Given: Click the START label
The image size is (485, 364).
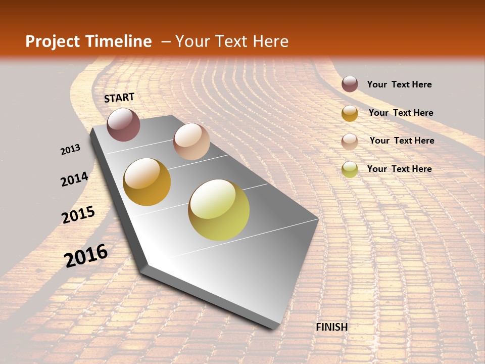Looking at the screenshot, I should [x=119, y=97].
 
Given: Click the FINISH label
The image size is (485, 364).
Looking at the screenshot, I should [x=331, y=327].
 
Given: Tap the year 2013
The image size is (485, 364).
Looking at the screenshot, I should [x=70, y=149].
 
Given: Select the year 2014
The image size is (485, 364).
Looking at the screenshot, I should [x=74, y=179].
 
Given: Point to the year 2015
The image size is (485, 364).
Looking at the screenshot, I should [x=78, y=215].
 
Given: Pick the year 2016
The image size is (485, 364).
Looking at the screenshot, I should [x=86, y=255].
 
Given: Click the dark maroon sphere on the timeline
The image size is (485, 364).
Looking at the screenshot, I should [x=123, y=124].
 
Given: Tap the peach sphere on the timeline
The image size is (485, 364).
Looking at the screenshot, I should [x=191, y=142].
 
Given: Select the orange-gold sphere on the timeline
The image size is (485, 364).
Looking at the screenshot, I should [x=147, y=182].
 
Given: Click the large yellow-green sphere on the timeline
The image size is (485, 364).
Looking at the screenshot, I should [x=219, y=210].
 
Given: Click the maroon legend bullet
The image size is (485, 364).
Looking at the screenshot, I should [x=350, y=84].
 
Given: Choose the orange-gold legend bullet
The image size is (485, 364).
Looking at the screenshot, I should [x=350, y=113].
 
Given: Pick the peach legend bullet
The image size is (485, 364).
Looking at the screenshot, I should [x=350, y=141].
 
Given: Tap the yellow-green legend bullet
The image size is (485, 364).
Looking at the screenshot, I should [x=350, y=169].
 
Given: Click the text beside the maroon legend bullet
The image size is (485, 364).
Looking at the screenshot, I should [x=399, y=84].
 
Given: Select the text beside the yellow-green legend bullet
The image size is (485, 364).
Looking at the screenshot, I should [x=399, y=169].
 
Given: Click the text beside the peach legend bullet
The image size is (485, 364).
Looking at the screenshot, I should [x=402, y=141].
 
